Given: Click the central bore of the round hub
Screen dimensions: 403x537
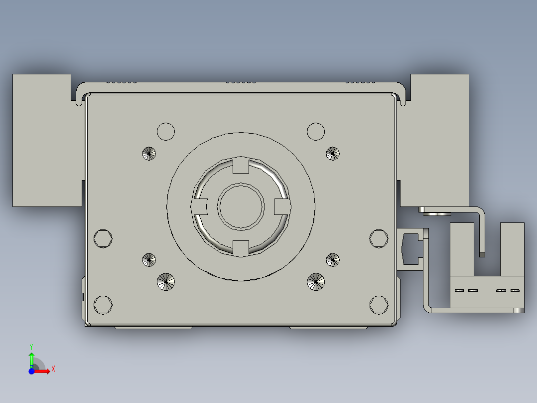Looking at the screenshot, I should (241, 206).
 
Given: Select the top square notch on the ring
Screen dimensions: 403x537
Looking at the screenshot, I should (241, 166).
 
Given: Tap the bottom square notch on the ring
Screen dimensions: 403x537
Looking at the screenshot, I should (241, 246).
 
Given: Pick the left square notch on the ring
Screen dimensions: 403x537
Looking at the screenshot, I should (200, 205).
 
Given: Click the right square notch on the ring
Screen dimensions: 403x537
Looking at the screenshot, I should (281, 205).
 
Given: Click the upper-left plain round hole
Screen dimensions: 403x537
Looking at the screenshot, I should (166, 132).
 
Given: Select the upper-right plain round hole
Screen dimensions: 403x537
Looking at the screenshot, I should (316, 132).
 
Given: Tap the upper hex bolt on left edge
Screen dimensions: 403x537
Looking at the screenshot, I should (103, 238).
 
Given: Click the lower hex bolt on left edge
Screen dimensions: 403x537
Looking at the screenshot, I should (103, 304).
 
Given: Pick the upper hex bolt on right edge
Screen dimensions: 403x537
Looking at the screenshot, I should (379, 238).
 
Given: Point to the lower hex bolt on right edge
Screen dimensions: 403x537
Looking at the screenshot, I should (379, 304).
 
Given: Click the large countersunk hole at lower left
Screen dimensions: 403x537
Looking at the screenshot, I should (166, 282).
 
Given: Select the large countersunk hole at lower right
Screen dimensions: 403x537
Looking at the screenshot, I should (316, 282).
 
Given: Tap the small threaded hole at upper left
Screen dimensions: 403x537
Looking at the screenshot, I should (149, 154).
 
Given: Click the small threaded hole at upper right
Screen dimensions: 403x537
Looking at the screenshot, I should (333, 154).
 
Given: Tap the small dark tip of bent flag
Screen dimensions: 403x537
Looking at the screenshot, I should (482, 254).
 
